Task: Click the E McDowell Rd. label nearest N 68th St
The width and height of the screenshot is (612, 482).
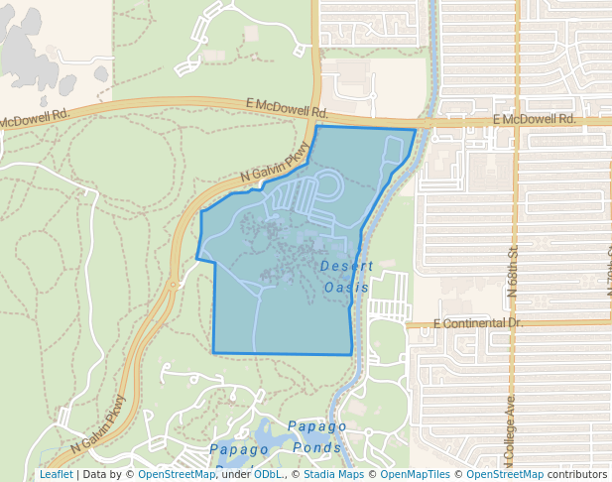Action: pyautogui.click(x=534, y=119)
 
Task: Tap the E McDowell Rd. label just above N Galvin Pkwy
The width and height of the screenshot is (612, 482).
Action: pyautogui.click(x=287, y=107)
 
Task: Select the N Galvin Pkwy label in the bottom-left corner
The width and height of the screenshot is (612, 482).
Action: pyautogui.click(x=99, y=424)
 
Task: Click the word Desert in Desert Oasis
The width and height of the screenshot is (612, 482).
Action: pyautogui.click(x=347, y=267)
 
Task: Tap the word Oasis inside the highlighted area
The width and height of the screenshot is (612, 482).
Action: pyautogui.click(x=346, y=288)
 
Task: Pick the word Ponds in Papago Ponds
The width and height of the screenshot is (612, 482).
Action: pyautogui.click(x=317, y=447)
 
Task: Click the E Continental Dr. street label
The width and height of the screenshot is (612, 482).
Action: pyautogui.click(x=477, y=323)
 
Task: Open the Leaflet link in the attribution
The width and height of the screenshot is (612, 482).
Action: pyautogui.click(x=56, y=474)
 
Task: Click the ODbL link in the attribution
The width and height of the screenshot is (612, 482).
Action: pyautogui.click(x=268, y=474)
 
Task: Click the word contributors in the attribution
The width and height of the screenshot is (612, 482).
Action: pyautogui.click(x=576, y=474)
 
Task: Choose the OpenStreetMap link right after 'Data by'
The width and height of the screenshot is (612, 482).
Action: pyautogui.click(x=177, y=474)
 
